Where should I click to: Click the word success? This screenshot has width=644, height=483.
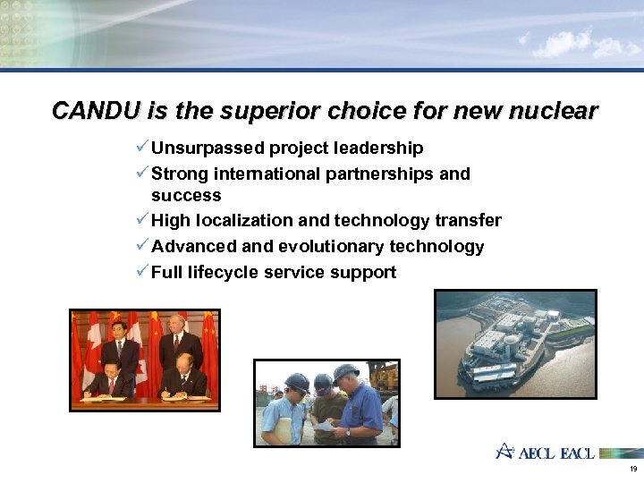186,195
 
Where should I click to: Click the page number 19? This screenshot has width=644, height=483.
633,469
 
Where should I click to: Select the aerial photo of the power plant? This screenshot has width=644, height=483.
515,343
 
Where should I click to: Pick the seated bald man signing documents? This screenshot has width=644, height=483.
187,377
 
